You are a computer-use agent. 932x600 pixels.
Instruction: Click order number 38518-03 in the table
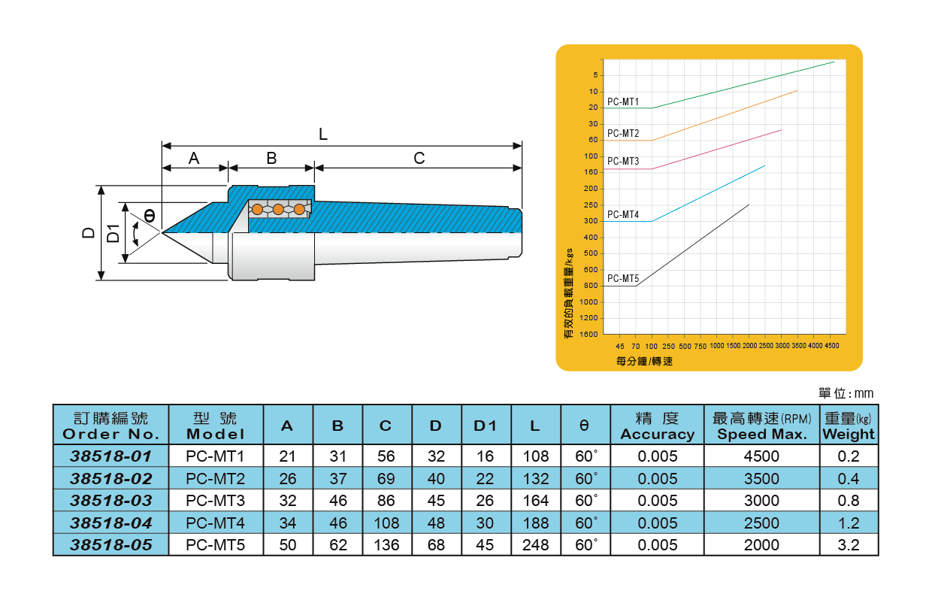point(110,501)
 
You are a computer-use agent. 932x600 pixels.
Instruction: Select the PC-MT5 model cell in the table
point(215,545)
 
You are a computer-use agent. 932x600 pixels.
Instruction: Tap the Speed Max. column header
point(760,426)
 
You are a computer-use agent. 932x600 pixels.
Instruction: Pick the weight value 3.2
point(848,545)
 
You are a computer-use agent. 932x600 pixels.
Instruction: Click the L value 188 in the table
point(535,523)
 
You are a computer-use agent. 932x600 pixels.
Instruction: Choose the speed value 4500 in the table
point(761,456)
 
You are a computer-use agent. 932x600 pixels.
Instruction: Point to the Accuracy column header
point(657,426)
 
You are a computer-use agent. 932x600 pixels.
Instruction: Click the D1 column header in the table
point(486,426)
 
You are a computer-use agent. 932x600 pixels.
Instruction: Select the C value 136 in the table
point(386,545)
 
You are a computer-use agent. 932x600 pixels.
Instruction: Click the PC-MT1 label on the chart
point(622,102)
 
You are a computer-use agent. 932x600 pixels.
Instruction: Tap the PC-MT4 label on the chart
point(622,214)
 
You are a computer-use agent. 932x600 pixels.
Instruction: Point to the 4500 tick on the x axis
point(832,346)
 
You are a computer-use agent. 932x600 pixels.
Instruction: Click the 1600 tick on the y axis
point(589,334)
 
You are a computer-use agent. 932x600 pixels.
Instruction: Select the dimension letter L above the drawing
point(323,135)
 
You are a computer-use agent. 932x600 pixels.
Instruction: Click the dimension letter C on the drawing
point(419,158)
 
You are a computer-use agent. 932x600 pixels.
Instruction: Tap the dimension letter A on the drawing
point(194,158)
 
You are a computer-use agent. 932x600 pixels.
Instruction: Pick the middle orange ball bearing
point(278,209)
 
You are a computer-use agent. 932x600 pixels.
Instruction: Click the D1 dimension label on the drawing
point(113,233)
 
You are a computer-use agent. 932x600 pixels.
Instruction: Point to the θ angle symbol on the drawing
point(150,215)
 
